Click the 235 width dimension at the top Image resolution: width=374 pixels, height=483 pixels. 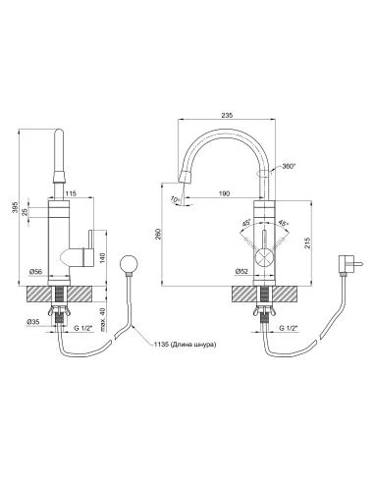pyautogui.click(x=227, y=115)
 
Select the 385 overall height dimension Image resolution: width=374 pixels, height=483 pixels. pyautogui.click(x=15, y=207)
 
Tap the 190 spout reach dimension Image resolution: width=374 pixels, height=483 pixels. pyautogui.click(x=224, y=193)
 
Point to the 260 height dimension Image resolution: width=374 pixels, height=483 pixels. pyautogui.click(x=158, y=234)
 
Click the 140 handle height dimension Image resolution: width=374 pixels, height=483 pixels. pyautogui.click(x=102, y=258)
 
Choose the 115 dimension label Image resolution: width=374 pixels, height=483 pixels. pyautogui.click(x=71, y=193)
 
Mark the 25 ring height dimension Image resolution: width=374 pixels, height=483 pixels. pyautogui.click(x=25, y=212)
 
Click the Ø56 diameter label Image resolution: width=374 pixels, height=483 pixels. pyautogui.click(x=35, y=271)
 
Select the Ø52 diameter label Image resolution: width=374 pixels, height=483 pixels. pyautogui.click(x=241, y=271)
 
